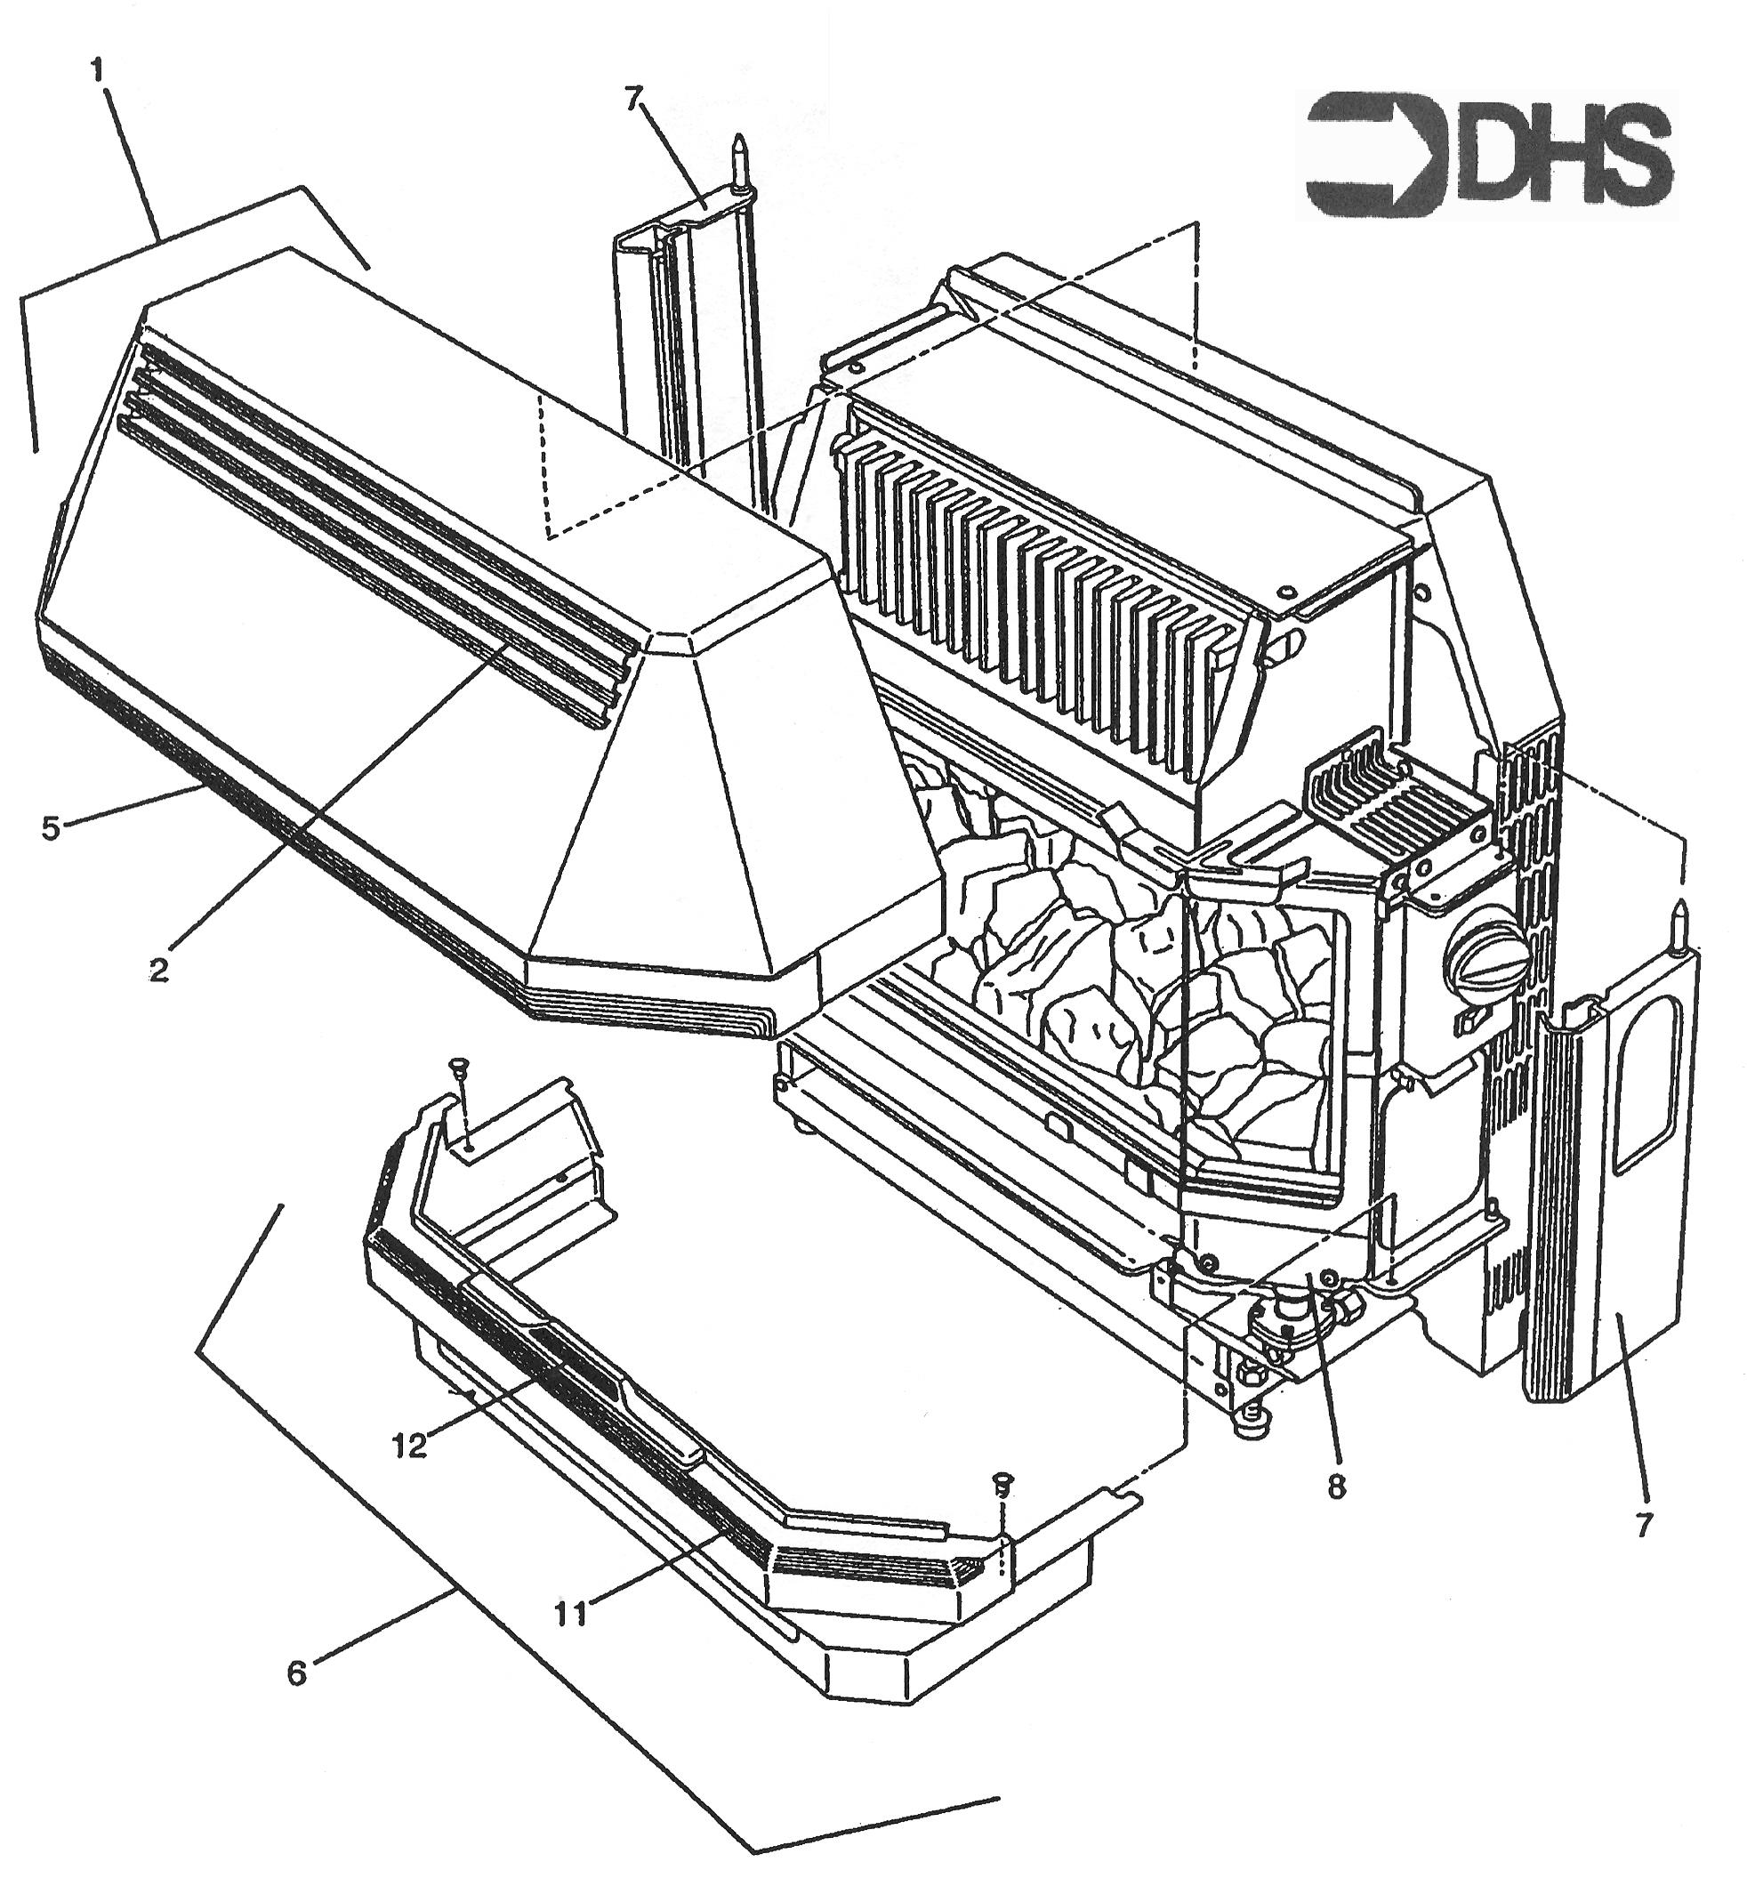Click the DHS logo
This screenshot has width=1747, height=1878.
pyautogui.click(x=1485, y=154)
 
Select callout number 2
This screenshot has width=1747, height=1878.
pyautogui.click(x=157, y=968)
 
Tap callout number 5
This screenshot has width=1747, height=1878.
pyautogui.click(x=50, y=827)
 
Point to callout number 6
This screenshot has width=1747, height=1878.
pyautogui.click(x=295, y=1674)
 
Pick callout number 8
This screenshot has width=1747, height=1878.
pyautogui.click(x=1334, y=1487)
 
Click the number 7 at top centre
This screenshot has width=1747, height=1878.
pyautogui.click(x=632, y=97)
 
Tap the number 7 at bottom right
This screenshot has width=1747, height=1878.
pyautogui.click(x=1644, y=1525)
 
